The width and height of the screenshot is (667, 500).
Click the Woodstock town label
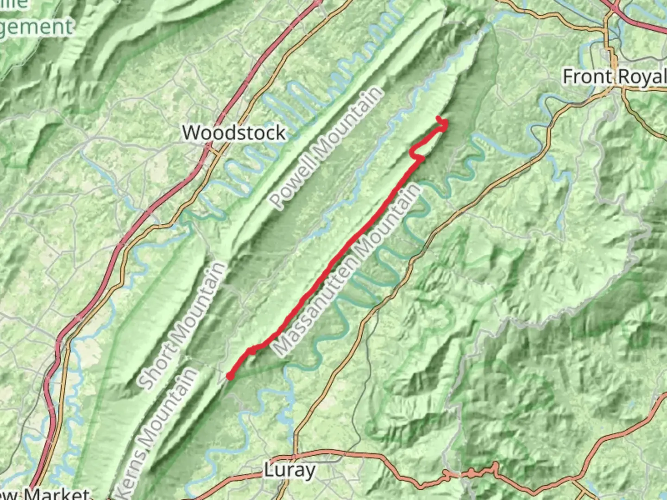click(x=234, y=133)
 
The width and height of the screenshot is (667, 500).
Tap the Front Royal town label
click(x=614, y=76)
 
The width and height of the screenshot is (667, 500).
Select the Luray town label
click(x=290, y=470)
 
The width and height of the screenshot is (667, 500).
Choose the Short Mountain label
click(x=182, y=325)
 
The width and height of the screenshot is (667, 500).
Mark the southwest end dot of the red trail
click(x=230, y=376)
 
